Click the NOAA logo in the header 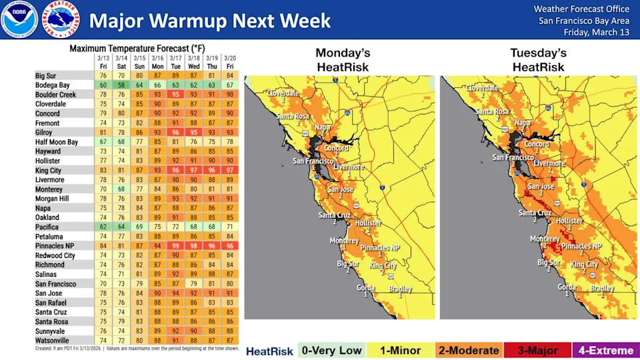tap(19, 19)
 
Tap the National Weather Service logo tap(61, 19)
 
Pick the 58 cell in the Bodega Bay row tap(121, 85)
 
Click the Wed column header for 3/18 tap(194, 63)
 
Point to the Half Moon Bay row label tap(57, 142)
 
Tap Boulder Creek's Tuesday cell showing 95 tap(176, 95)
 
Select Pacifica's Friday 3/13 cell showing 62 tap(103, 227)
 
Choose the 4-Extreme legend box tap(606, 350)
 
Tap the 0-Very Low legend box tap(331, 350)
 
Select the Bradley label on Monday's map tap(400, 288)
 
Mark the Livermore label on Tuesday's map tap(549, 163)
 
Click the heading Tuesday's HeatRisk tap(538, 60)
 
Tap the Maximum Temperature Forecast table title tap(137, 49)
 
